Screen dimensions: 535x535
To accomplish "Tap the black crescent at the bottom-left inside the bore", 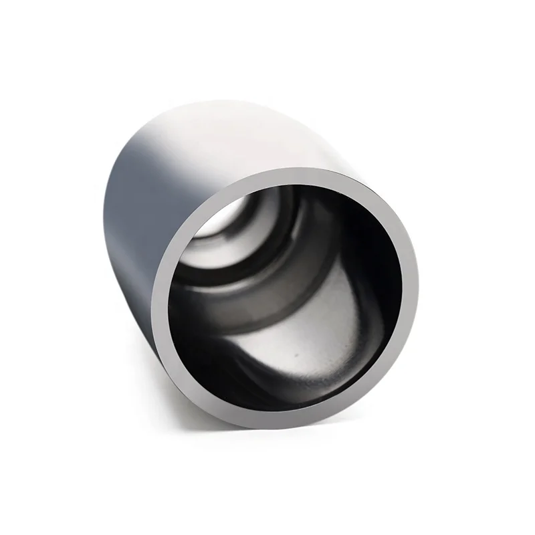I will coord(201,361).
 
